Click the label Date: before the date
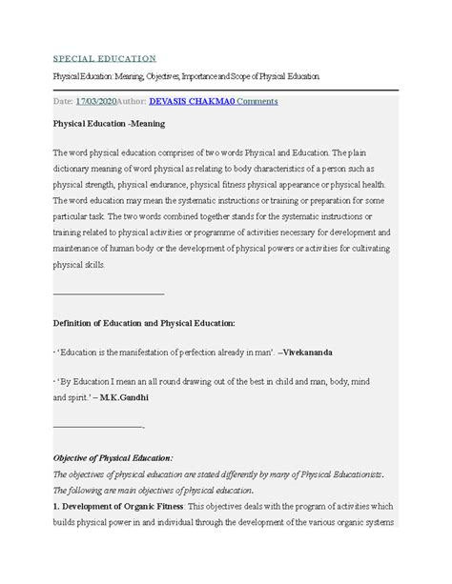coord(62,100)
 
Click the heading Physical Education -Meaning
coord(110,124)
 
